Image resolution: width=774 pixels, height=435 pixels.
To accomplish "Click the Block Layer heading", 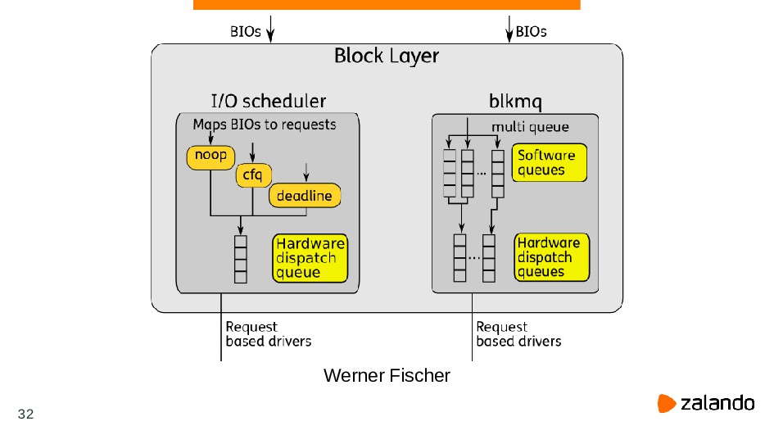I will (386, 57).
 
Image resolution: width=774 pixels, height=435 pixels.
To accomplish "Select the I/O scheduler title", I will (268, 102).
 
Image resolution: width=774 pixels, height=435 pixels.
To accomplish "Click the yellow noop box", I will (210, 156).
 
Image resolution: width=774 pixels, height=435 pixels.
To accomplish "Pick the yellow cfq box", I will (252, 174).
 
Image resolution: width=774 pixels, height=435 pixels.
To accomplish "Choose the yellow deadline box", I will (305, 196).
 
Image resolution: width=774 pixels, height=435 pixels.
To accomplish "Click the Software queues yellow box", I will (550, 163).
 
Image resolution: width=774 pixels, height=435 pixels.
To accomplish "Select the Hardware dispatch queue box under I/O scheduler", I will (310, 258).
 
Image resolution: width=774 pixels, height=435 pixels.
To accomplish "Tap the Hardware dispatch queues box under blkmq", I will (552, 257).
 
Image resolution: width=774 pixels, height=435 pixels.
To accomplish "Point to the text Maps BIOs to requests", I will (264, 125).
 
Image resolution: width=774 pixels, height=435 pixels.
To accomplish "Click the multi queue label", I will (529, 127).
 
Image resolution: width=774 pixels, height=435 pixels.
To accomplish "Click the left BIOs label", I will (245, 33).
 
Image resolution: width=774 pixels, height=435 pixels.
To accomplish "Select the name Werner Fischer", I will (387, 376).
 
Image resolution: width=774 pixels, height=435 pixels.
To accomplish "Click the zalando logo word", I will (717, 403).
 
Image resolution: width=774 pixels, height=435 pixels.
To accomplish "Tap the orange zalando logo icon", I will (666, 403).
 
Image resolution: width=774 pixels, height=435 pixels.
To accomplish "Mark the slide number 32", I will (25, 414).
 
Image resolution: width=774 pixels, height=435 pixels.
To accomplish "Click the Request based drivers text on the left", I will (268, 334).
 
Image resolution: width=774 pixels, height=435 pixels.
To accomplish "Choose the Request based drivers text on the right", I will (518, 334).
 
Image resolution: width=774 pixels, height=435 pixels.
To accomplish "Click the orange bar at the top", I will (387, 5).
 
